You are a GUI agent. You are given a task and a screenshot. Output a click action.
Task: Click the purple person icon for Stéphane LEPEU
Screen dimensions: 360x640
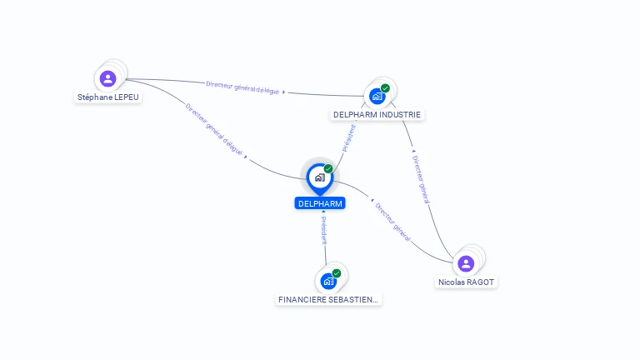(107, 79)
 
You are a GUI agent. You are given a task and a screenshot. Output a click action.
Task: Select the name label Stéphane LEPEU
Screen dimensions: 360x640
(109, 97)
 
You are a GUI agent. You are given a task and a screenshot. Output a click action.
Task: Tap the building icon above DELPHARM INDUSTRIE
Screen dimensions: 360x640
(377, 96)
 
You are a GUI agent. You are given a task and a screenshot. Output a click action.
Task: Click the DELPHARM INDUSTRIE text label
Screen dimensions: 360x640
(377, 114)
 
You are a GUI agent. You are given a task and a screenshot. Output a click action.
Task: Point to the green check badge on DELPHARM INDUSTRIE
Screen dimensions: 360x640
(385, 87)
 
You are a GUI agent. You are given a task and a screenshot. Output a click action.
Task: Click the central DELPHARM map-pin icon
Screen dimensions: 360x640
(319, 177)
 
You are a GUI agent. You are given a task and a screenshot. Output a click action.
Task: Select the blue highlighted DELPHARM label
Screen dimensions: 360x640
(320, 203)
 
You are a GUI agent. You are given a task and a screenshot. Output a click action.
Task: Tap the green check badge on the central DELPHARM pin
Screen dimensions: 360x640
(328, 168)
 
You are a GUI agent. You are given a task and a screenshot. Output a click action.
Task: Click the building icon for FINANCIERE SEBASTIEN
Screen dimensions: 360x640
(328, 281)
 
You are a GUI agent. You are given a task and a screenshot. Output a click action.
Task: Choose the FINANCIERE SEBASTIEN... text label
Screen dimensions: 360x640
(328, 299)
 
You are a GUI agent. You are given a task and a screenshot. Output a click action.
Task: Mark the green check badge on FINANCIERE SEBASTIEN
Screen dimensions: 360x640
(337, 272)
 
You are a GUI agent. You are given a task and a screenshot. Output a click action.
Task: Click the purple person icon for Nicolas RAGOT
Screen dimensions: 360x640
(466, 263)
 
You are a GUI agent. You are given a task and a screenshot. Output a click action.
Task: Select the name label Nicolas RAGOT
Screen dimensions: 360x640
(467, 282)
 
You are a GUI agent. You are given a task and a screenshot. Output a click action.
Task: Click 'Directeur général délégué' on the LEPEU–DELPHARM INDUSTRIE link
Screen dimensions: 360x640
(242, 87)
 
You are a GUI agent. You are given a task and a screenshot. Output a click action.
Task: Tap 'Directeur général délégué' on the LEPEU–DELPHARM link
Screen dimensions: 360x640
(213, 130)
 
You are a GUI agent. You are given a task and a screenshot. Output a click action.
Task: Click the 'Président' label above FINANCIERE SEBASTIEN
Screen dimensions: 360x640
(324, 231)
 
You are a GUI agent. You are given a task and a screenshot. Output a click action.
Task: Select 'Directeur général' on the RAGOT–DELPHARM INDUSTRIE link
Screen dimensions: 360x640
(421, 179)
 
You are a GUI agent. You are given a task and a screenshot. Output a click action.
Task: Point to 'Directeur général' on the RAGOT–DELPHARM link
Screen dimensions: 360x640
(392, 222)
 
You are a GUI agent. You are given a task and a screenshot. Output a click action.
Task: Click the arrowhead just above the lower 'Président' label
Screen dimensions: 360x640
(323, 212)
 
